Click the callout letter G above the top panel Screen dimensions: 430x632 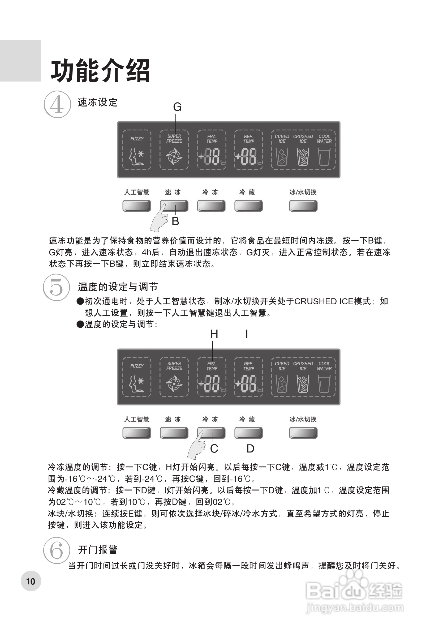[177, 107]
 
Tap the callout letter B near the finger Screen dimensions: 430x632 [175, 221]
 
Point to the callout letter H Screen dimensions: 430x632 [214, 334]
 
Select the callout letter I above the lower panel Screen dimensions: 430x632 [247, 334]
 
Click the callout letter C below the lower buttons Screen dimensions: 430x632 [214, 449]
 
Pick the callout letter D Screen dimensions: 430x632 [250, 449]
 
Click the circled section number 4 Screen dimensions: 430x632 [57, 104]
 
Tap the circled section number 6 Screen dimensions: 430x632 [57, 550]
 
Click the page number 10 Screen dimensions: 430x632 [31, 582]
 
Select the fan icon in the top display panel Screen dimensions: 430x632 [174, 156]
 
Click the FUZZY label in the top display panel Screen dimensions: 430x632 [137, 139]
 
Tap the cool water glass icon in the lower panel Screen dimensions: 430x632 [324, 384]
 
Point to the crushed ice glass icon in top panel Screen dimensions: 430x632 [303, 157]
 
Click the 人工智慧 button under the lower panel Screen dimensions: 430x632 [136, 433]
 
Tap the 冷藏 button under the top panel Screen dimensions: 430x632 [248, 206]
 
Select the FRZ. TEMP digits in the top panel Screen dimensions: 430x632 [212, 157]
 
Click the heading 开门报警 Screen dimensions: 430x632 [98, 550]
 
